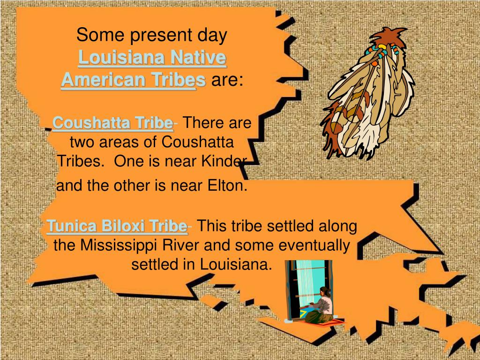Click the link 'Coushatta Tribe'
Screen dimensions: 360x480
click(x=112, y=123)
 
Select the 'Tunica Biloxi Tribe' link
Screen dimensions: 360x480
click(x=117, y=226)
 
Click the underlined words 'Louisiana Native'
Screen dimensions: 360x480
click(x=152, y=59)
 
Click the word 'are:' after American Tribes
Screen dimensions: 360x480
click(x=227, y=80)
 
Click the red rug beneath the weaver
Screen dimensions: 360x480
click(x=323, y=322)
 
